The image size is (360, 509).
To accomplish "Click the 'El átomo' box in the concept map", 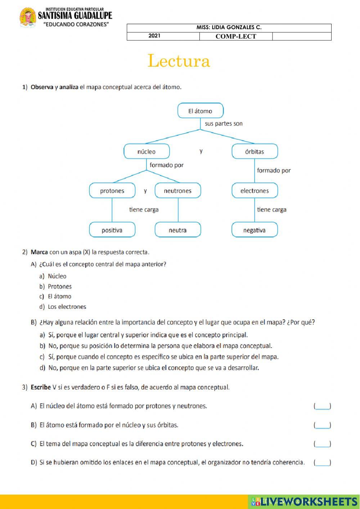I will (200, 111).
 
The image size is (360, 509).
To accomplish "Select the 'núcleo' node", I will (147, 151).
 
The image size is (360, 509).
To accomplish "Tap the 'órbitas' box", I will (255, 151).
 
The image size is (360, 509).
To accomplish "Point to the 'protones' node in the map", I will (112, 191).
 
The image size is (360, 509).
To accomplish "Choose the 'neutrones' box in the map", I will (177, 191).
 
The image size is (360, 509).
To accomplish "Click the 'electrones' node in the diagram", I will (255, 191).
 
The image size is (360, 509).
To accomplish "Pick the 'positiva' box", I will (112, 230).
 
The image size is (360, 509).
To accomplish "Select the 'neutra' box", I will (177, 230).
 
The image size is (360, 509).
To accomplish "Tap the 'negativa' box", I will (255, 230).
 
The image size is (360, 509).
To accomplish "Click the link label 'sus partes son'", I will (224, 124).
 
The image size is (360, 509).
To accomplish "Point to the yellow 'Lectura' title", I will (179, 61).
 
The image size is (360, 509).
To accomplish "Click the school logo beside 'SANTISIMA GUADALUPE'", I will (28, 17).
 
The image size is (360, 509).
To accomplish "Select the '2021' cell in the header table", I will (154, 36).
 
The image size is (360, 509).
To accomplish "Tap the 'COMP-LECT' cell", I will (236, 36).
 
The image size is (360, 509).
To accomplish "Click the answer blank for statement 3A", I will (322, 406).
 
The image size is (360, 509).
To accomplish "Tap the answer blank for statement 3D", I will (322, 463).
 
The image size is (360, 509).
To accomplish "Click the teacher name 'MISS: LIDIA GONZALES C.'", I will (229, 28).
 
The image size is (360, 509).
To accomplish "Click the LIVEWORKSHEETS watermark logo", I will (304, 501).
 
